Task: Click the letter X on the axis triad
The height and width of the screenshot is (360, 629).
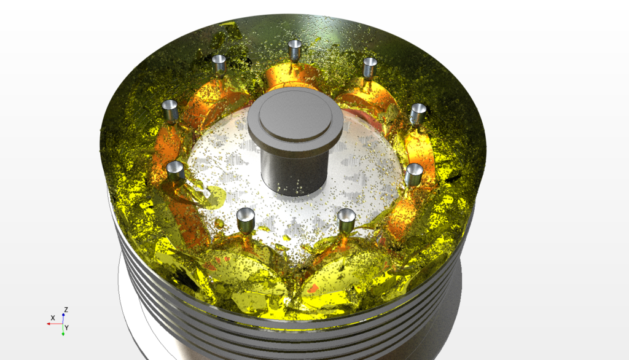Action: tap(53, 318)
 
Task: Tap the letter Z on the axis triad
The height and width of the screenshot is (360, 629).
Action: tap(66, 309)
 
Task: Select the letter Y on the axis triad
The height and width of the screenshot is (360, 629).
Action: tap(66, 328)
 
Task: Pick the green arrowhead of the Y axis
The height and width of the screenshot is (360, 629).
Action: tap(63, 333)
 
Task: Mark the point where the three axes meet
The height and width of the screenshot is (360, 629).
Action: tap(63, 323)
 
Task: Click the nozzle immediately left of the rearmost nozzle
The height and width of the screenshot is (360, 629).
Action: tap(219, 63)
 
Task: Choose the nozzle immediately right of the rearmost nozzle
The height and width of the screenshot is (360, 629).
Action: tap(370, 66)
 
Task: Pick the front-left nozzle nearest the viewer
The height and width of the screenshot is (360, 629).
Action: tap(246, 217)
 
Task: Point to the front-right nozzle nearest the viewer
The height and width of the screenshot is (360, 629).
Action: tap(346, 218)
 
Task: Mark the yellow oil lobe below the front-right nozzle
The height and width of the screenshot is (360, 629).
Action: tap(347, 270)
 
